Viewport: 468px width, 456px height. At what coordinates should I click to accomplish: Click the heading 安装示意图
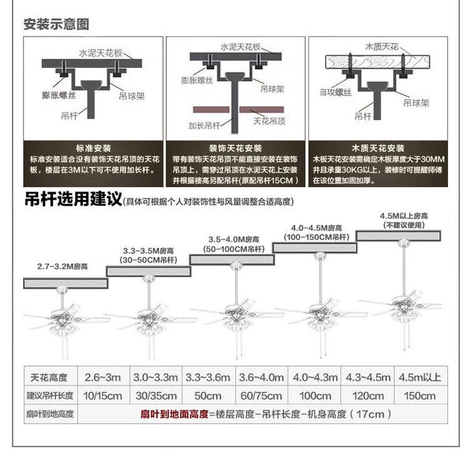(56, 24)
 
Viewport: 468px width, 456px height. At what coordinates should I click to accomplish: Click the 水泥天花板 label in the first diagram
(100, 53)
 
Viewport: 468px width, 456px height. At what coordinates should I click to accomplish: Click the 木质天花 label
(381, 47)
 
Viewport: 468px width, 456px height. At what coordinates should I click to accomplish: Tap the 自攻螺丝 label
(335, 92)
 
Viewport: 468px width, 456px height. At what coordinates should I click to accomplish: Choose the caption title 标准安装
(93, 148)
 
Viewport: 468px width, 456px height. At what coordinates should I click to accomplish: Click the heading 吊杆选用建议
(71, 201)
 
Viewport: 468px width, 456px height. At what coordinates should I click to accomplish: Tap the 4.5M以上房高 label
(399, 216)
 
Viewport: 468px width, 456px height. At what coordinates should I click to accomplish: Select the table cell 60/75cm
(261, 395)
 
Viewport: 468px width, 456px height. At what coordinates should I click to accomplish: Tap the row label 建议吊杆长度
(50, 395)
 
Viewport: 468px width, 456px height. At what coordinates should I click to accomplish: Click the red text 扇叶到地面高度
(174, 414)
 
